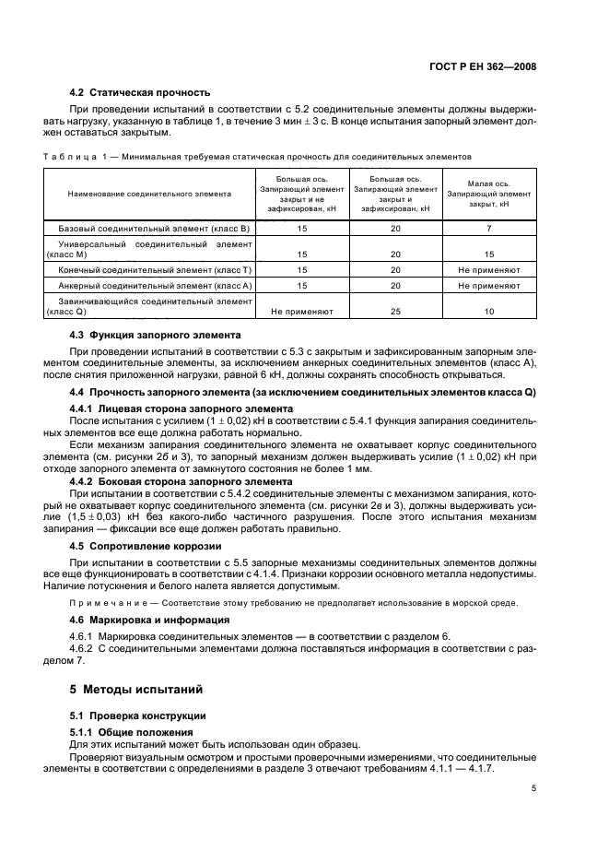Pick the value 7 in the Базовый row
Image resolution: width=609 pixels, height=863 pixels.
489,227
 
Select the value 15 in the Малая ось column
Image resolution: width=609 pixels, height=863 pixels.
489,254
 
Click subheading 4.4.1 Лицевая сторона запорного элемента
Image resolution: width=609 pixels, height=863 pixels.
170,408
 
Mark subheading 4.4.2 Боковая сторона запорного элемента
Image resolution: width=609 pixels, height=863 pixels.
170,481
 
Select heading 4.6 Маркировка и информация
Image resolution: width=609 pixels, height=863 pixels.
150,620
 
